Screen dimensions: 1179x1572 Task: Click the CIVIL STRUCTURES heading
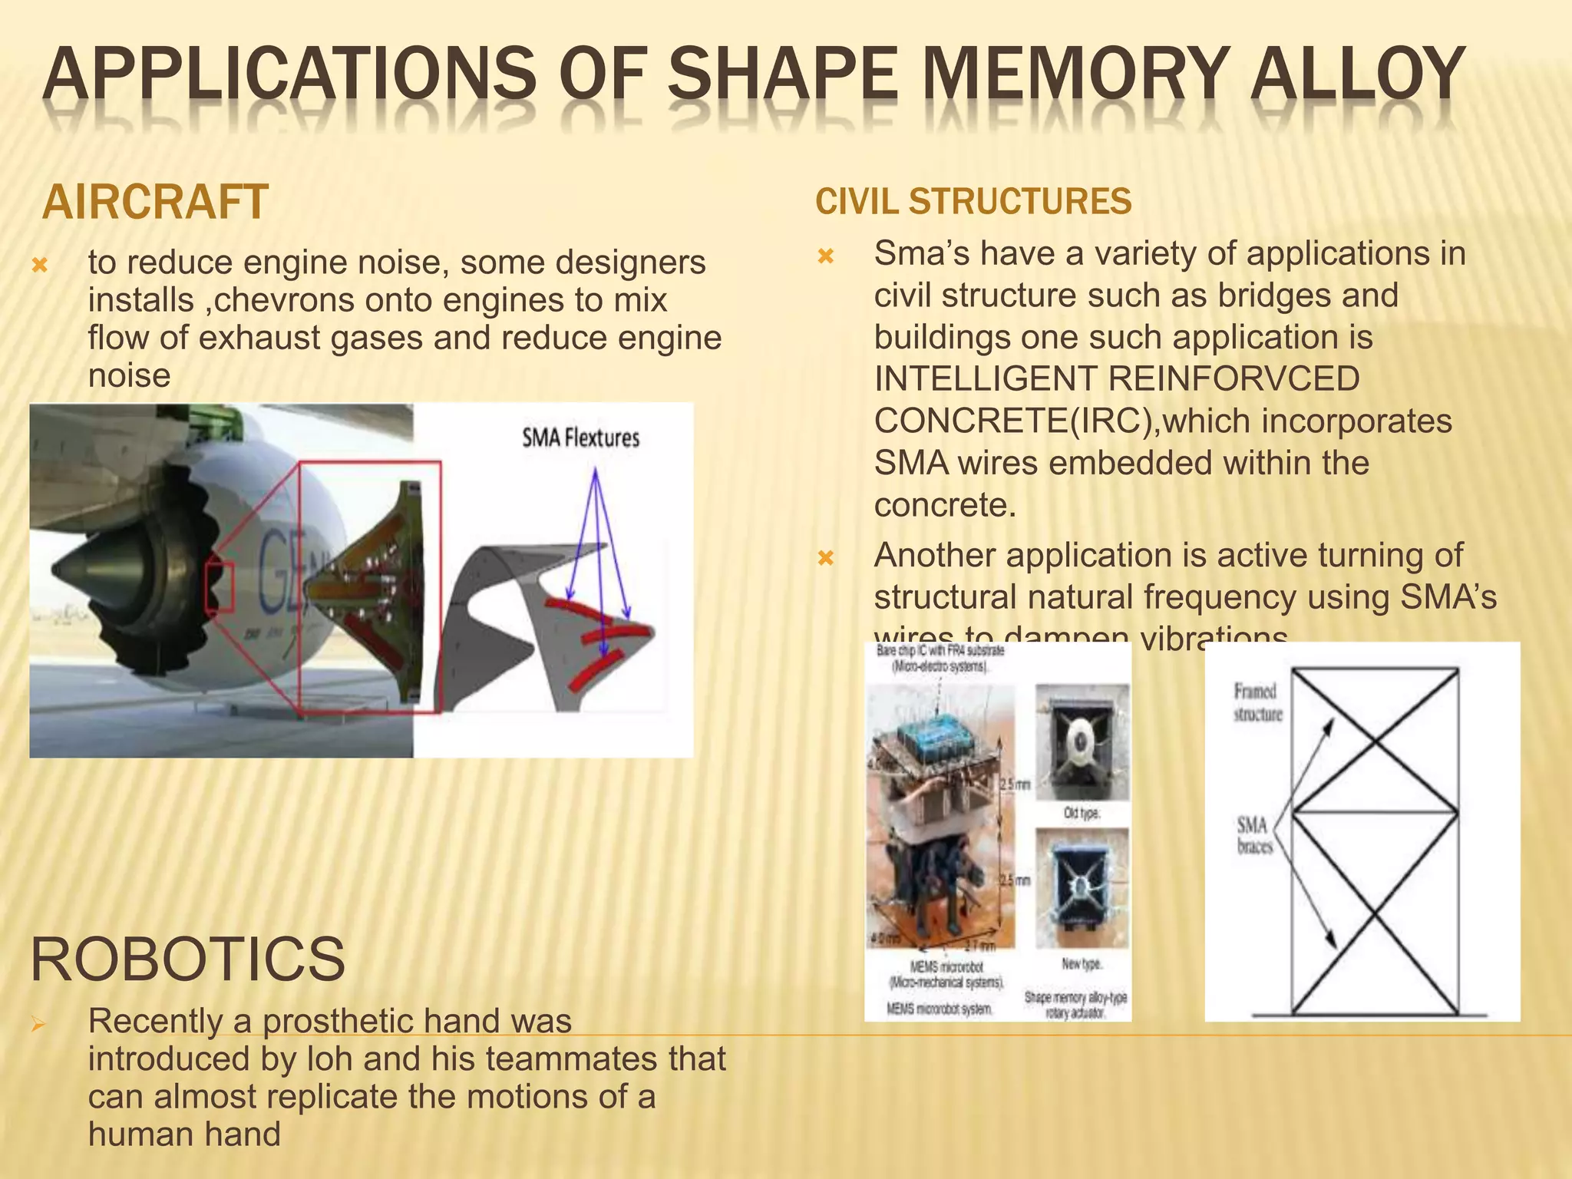coord(973,202)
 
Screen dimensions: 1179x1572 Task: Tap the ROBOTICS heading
coord(187,959)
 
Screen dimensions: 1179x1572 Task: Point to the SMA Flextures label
coord(580,438)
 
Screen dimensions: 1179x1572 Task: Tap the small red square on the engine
coord(220,587)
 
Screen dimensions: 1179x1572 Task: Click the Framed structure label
coord(1257,702)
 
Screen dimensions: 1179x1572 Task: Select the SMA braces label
coord(1254,836)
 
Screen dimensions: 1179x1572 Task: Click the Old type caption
coord(1081,813)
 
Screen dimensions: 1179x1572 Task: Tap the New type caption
coord(1081,963)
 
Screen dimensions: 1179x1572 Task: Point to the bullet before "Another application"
coord(825,558)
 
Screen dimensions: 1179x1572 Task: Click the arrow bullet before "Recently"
coord(38,1024)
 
